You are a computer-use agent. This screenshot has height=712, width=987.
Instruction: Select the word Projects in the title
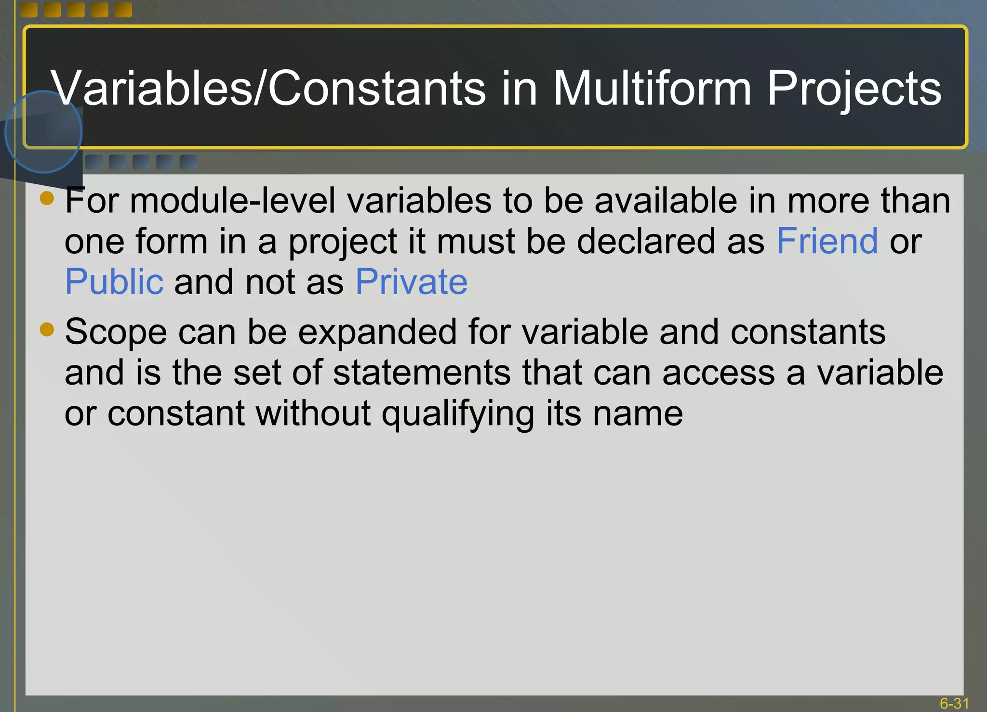[854, 89]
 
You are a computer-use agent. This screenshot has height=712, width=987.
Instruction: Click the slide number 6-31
[954, 703]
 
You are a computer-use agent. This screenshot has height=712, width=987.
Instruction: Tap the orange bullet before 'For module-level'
[47, 198]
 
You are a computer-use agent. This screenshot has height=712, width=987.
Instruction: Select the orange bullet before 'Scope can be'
[47, 329]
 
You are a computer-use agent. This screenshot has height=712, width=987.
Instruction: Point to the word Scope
[116, 332]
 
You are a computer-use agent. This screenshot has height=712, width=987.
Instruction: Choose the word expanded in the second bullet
[377, 332]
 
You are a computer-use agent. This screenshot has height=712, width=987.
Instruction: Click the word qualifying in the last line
[458, 414]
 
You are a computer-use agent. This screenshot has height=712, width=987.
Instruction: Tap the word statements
[421, 373]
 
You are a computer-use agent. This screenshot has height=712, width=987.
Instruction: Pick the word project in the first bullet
[343, 242]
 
